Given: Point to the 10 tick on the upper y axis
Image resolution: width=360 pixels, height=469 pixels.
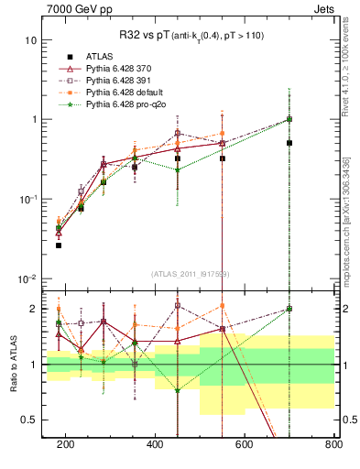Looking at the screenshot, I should pyautogui.click(x=31, y=40).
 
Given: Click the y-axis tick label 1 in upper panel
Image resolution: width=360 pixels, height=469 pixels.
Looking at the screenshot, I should pyautogui.click(x=34, y=120).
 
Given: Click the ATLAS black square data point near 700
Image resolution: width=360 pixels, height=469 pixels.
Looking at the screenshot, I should pyautogui.click(x=289, y=143).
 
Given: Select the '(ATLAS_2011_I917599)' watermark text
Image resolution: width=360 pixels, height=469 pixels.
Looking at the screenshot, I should pyautogui.click(x=191, y=273).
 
